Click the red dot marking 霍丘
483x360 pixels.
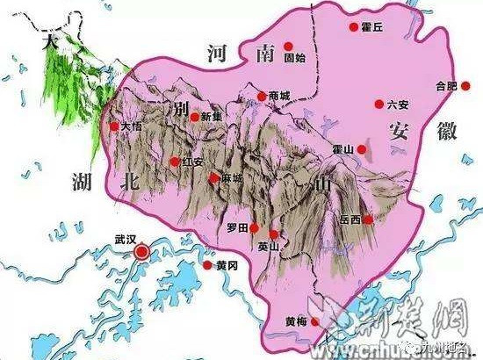pos(353,27)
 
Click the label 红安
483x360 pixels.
pos(193,162)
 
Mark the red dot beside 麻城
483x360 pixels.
pos(213,178)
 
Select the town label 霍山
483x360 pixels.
pos(343,151)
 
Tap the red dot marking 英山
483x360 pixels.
pos(274,234)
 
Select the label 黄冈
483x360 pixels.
pos(227,265)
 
